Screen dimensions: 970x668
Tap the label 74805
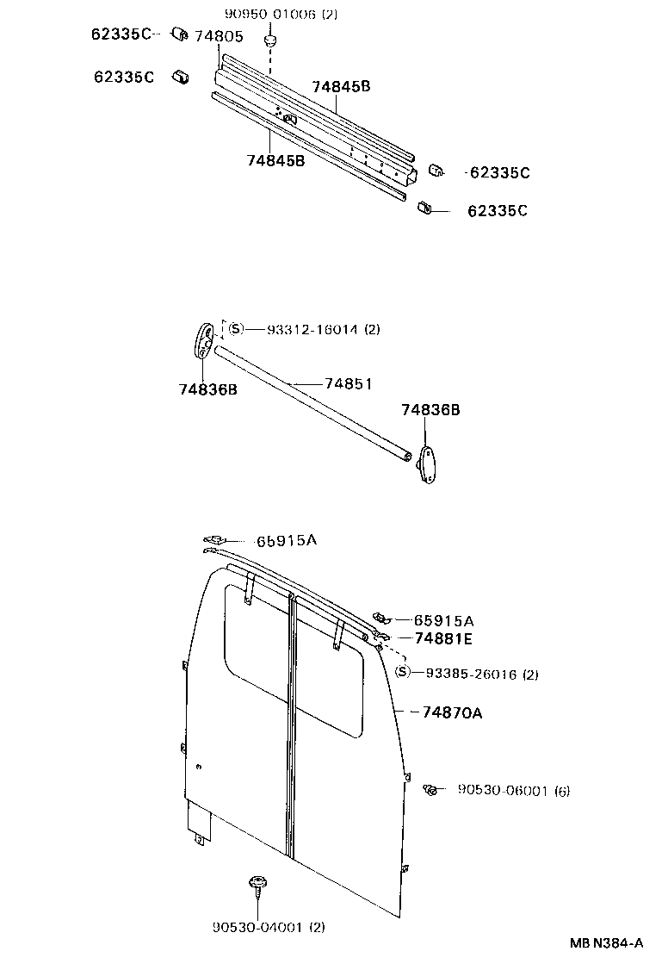coord(219,36)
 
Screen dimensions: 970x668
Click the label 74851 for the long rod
coord(348,383)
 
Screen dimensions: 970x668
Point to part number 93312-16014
coord(311,329)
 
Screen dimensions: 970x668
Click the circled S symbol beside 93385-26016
coord(403,674)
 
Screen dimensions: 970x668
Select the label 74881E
coord(444,638)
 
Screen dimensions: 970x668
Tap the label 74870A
coord(452,712)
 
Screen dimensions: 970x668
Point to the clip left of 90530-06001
coord(431,789)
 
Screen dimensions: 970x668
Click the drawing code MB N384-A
coord(605,943)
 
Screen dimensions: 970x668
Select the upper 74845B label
coord(341,87)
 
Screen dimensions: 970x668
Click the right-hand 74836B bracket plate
coord(427,465)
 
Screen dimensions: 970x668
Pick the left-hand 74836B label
coord(208,389)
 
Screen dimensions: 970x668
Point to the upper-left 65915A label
coord(287,540)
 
